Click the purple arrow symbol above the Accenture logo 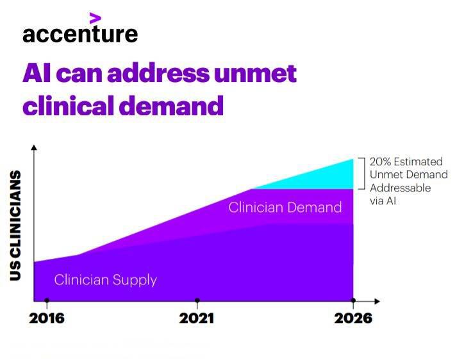95,17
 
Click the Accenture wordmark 79,33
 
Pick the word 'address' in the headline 158,74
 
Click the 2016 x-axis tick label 47,318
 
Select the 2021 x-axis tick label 197,318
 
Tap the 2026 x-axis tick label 352,318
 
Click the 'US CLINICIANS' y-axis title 16,225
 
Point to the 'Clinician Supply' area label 105,280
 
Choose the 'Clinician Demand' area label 285,208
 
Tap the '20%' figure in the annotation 380,162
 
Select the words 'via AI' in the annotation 383,200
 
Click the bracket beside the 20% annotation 362,174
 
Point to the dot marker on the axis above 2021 197,300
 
